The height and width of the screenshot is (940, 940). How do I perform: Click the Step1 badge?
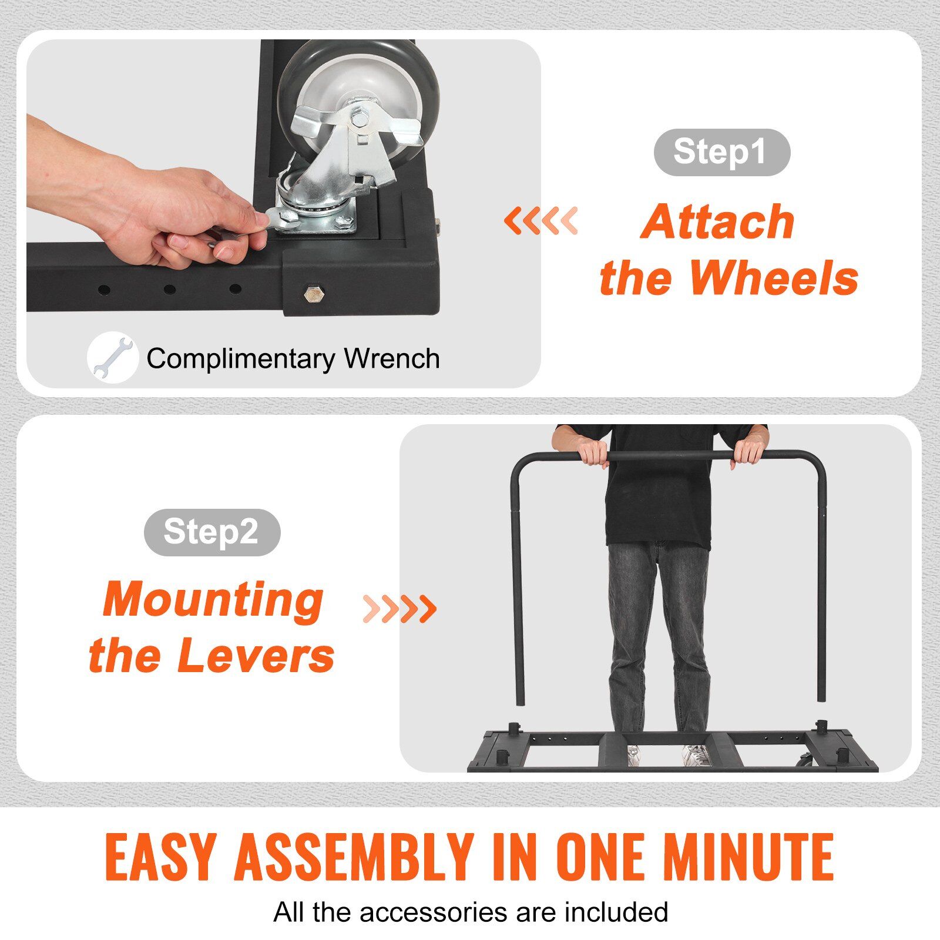pyautogui.click(x=721, y=152)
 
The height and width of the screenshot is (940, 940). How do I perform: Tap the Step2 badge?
pyautogui.click(x=211, y=532)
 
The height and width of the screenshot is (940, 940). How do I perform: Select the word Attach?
pyautogui.click(x=717, y=221)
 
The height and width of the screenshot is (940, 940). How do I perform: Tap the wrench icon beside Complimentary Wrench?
pyautogui.click(x=112, y=358)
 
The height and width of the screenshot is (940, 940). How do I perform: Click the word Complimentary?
pyautogui.click(x=241, y=359)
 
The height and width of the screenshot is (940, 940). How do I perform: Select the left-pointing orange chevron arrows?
pyautogui.click(x=540, y=221)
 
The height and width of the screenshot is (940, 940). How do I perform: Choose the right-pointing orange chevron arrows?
pyautogui.click(x=399, y=609)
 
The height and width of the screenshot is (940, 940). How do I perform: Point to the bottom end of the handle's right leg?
pyautogui.click(x=821, y=701)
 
